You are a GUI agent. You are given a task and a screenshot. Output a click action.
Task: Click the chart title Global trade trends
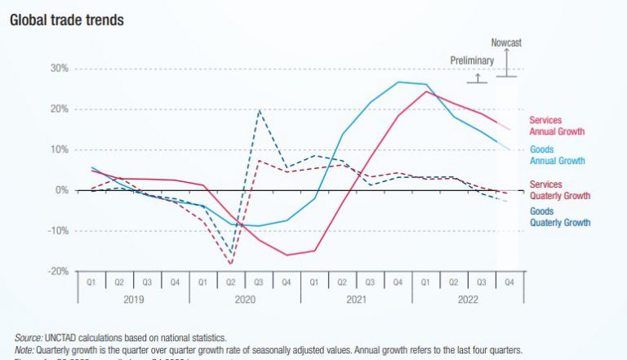(x=66, y=19)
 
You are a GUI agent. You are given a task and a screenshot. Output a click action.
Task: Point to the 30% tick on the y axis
(x=57, y=69)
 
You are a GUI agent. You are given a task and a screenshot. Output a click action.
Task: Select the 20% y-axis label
(x=57, y=109)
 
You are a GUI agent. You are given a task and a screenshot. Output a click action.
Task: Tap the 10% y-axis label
(x=57, y=149)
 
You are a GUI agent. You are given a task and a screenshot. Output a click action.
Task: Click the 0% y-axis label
(x=60, y=190)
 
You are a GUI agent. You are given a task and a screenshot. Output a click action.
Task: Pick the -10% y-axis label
(x=56, y=231)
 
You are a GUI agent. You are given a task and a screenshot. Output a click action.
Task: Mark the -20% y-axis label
(x=56, y=271)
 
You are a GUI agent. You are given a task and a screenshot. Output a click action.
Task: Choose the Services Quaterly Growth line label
(x=559, y=190)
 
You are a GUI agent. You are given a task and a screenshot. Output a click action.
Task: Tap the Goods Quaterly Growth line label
(x=559, y=216)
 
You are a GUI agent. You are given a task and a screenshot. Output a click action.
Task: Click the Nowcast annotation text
(x=506, y=42)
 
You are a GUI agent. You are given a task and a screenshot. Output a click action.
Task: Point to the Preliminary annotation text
(x=472, y=60)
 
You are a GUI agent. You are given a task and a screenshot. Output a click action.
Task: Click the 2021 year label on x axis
(x=356, y=299)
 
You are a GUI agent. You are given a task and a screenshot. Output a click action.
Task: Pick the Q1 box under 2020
(x=202, y=282)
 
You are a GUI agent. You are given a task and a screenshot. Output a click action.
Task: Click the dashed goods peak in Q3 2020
(x=259, y=110)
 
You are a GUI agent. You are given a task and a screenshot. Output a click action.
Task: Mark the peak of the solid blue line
(x=398, y=82)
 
